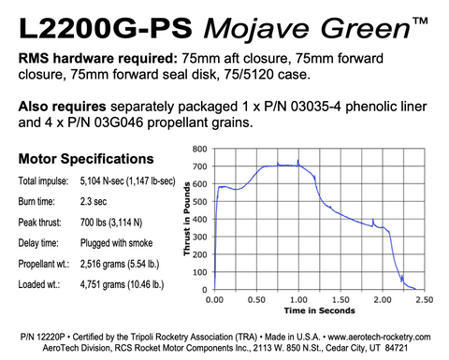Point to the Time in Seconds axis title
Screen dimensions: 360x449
[319, 308]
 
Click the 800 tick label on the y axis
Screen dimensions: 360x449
[198, 149]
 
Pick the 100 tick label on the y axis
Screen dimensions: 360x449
[198, 272]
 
